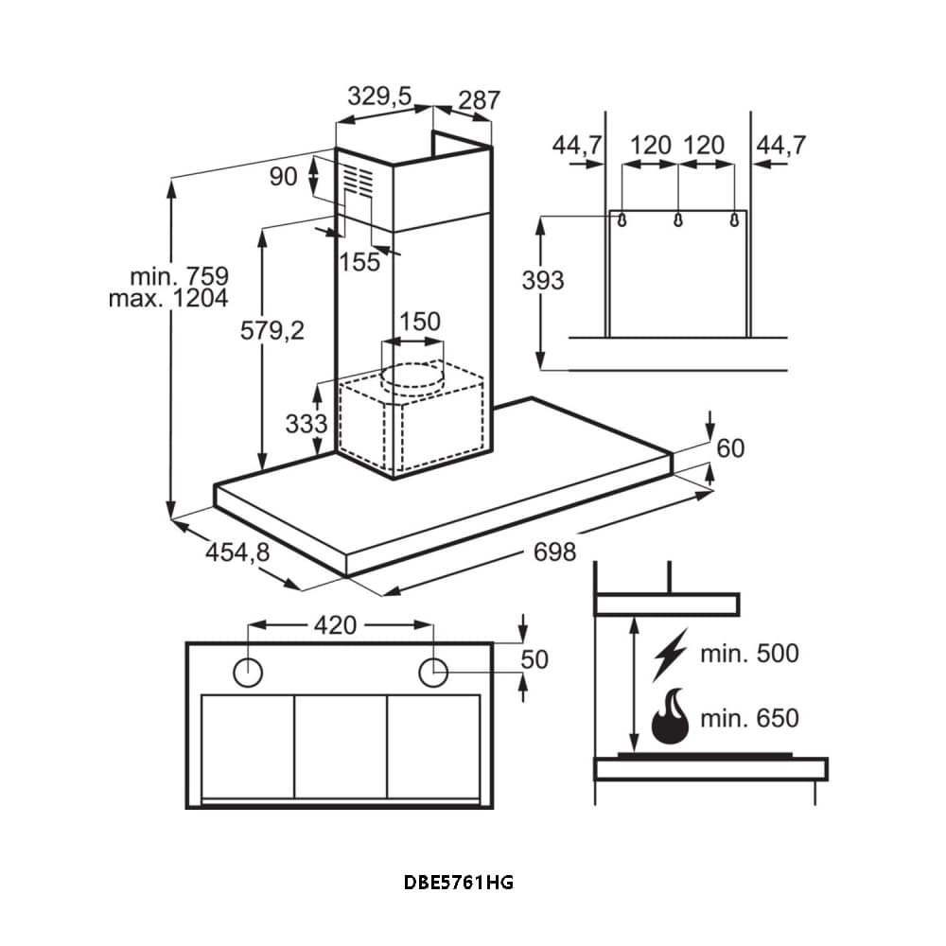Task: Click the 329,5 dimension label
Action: click(x=379, y=96)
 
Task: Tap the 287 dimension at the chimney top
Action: click(x=479, y=99)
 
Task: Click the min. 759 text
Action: click(x=180, y=276)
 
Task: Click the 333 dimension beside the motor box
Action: click(x=307, y=423)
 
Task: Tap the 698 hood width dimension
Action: click(x=554, y=551)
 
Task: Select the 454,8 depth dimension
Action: click(x=237, y=551)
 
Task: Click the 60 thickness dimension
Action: click(x=730, y=448)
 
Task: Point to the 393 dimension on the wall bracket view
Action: click(x=543, y=280)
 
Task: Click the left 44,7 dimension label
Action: click(x=577, y=145)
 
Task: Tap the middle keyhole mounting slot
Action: click(x=677, y=219)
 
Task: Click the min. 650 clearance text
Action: click(x=749, y=718)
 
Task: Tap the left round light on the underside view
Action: click(x=248, y=672)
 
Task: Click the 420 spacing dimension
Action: click(x=335, y=625)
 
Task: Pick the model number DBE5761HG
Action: click(x=459, y=883)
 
